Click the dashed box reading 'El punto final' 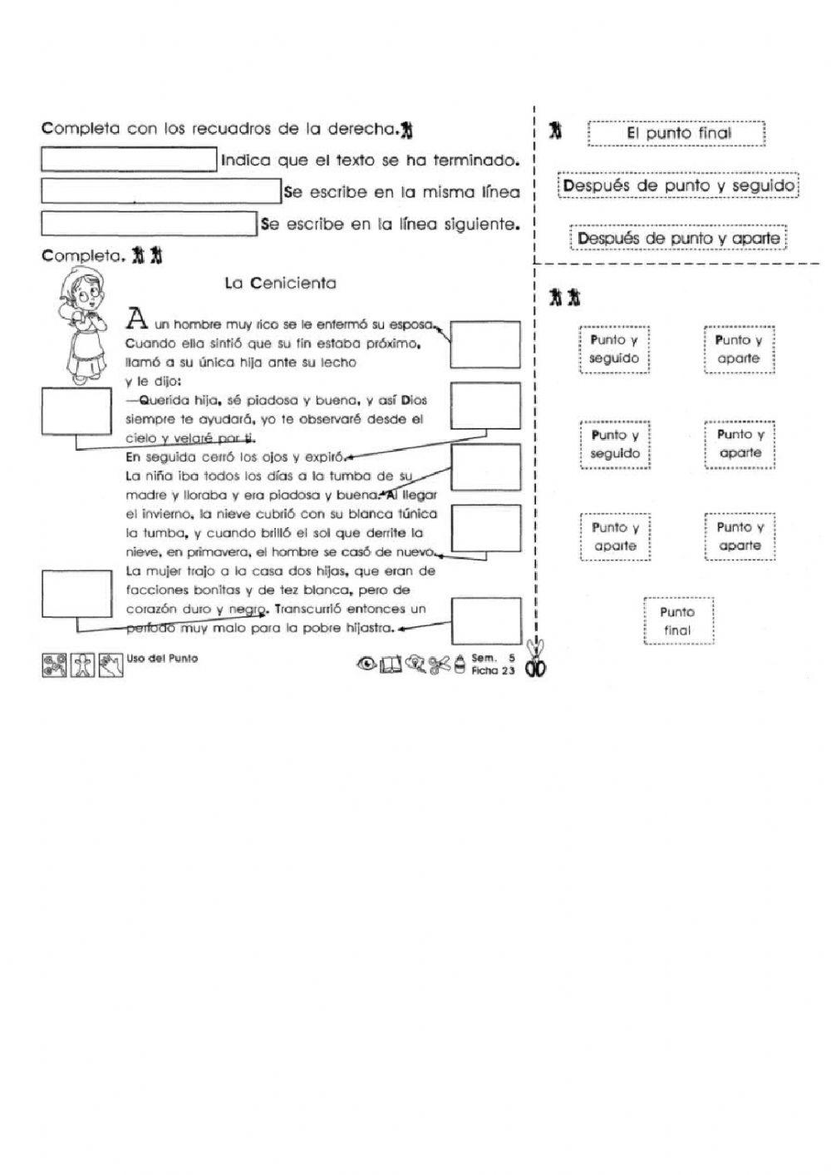(x=676, y=133)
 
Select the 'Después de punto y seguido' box (x=678, y=185)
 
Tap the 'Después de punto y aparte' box (x=678, y=239)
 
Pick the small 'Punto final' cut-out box (x=677, y=621)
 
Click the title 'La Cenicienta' (x=280, y=283)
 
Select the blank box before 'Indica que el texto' (x=129, y=160)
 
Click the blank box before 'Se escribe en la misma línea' (x=161, y=191)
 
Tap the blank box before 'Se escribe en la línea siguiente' (x=150, y=224)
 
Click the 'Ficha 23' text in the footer (x=493, y=670)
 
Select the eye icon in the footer (x=366, y=664)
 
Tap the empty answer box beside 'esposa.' (x=485, y=344)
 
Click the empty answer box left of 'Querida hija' (x=76, y=412)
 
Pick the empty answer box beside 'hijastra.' (x=486, y=620)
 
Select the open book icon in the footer (x=391, y=664)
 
